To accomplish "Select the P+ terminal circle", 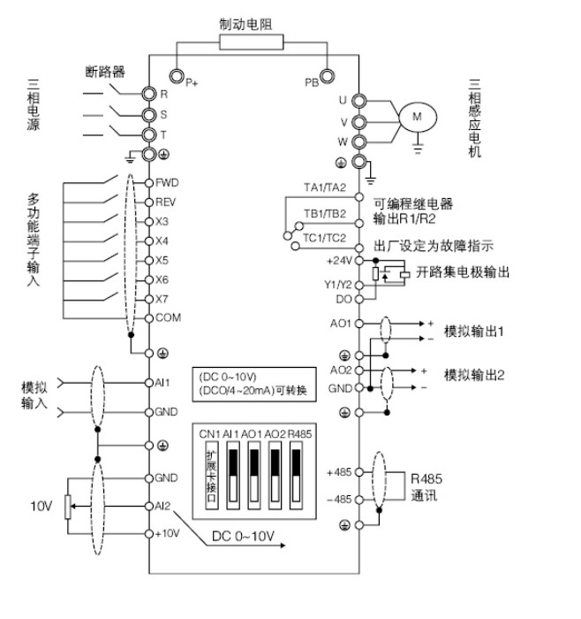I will [177, 76].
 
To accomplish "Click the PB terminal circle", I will [328, 77].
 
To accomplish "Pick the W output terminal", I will [358, 141].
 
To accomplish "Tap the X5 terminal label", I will [162, 260].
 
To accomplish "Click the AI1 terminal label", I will [162, 383].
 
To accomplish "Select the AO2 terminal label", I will [341, 369].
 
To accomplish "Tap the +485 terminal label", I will [340, 471].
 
